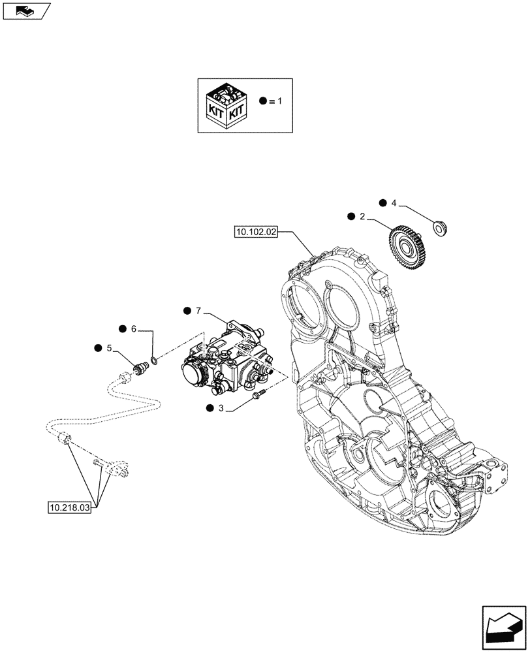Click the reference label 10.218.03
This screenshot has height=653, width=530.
69,506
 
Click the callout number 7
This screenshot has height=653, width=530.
199,310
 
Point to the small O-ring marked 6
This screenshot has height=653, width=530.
153,360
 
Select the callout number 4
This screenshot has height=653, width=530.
393,203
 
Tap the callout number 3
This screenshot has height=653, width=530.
222,408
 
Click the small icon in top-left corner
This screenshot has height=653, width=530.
25,10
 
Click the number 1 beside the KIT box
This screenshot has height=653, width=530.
280,101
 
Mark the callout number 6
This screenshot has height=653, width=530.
134,328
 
